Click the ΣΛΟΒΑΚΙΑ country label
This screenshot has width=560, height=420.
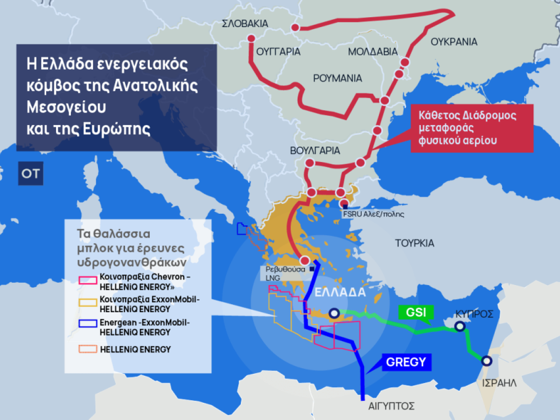[245, 24]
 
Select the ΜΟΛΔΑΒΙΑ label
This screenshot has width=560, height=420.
[373, 51]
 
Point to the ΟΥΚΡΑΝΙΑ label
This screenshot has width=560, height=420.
[454, 42]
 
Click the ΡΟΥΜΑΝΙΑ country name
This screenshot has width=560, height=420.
[337, 77]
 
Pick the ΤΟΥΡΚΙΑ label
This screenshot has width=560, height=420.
[414, 243]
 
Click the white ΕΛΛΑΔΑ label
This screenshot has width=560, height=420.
[340, 293]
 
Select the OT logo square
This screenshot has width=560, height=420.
[30, 174]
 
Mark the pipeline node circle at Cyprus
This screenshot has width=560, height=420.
[460, 327]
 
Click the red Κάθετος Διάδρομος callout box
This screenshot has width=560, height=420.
[471, 128]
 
